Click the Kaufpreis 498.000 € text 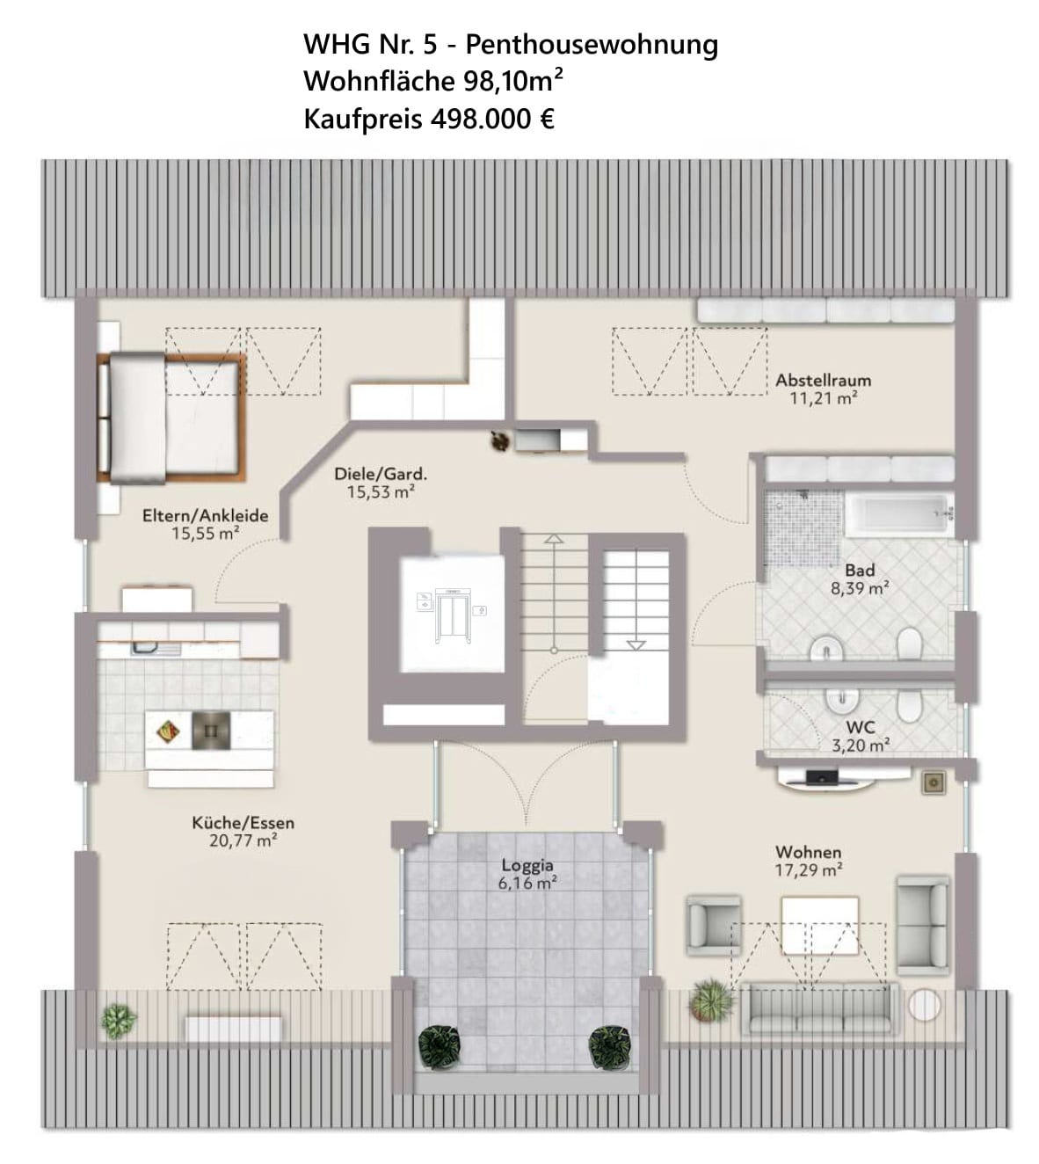click(428, 119)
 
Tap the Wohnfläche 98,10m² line click(432, 81)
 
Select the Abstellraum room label click(823, 381)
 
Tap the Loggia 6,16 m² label click(527, 875)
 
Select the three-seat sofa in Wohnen click(819, 1008)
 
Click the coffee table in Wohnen click(819, 925)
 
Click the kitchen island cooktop click(211, 730)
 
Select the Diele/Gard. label click(380, 474)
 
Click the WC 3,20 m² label click(860, 737)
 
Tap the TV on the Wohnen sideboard click(822, 777)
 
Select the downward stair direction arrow click(636, 644)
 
